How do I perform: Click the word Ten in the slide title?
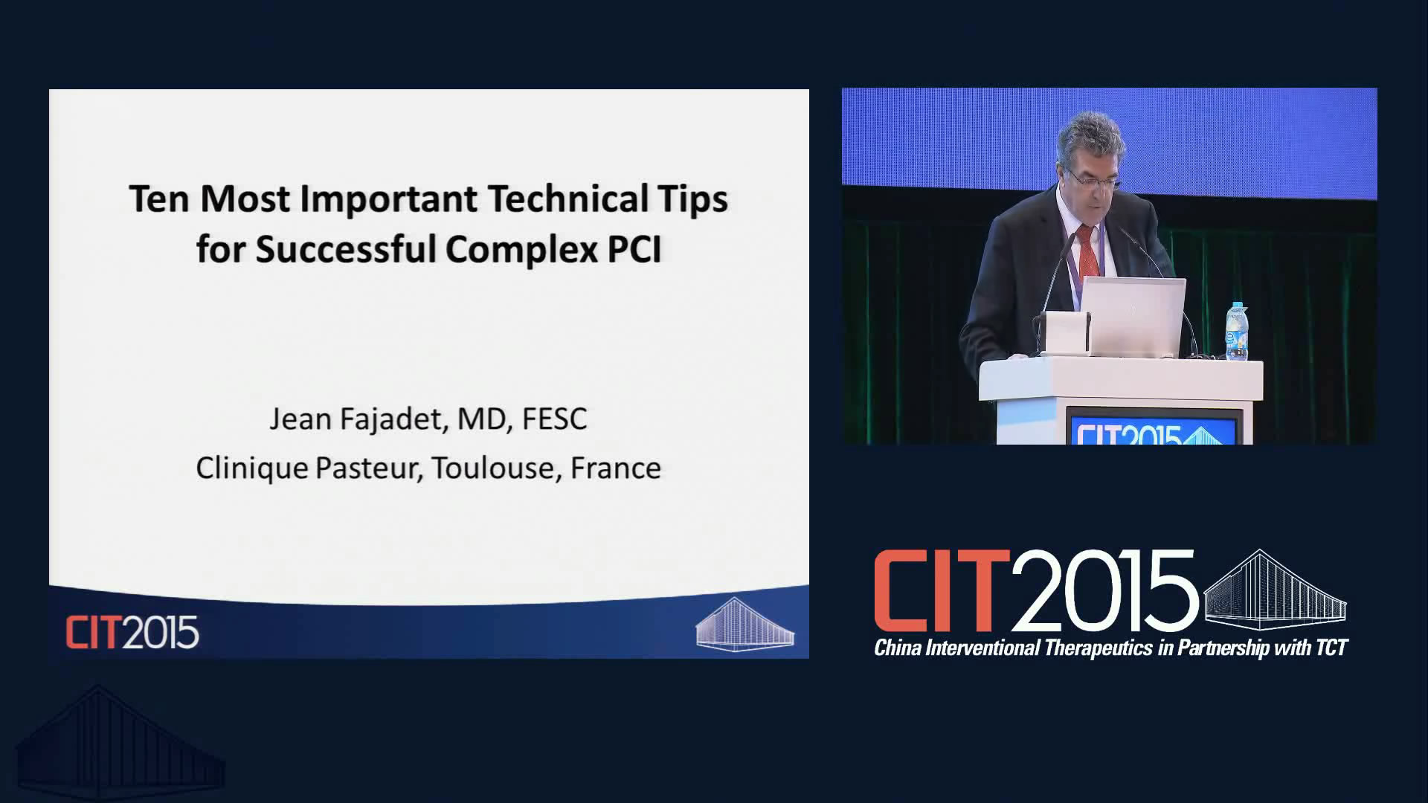[x=159, y=199]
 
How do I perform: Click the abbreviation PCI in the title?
[x=634, y=248]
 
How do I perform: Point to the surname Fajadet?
[x=394, y=419]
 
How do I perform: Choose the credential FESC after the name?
[x=554, y=419]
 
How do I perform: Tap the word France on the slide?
[x=615, y=468]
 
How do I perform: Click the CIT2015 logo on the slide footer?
[x=132, y=633]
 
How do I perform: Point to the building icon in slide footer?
[x=744, y=624]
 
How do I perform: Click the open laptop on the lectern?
[x=1131, y=317]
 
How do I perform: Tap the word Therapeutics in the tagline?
[x=1099, y=648]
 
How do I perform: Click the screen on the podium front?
[x=1154, y=426]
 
